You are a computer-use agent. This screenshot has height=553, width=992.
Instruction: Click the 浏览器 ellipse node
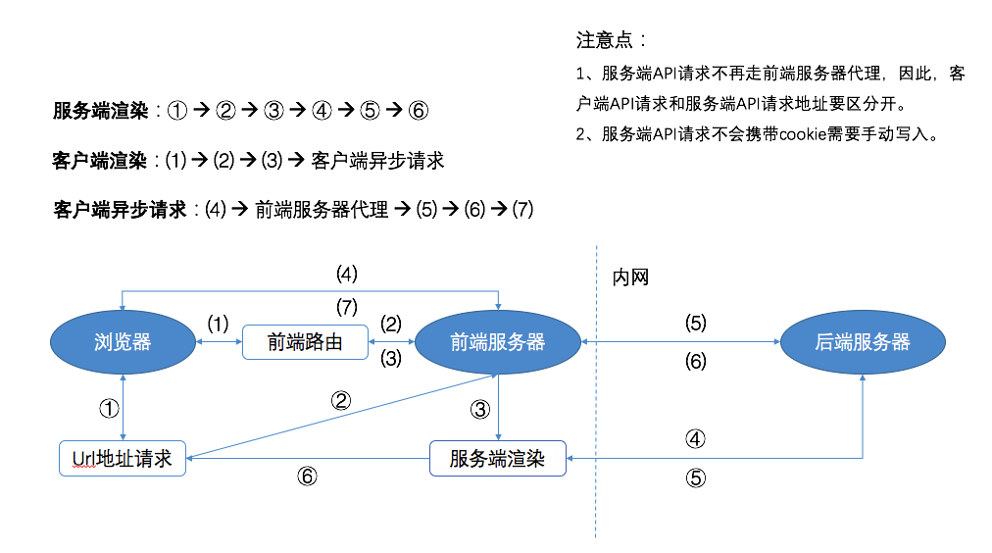click(x=123, y=342)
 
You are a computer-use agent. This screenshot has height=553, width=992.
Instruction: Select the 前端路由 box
click(x=305, y=342)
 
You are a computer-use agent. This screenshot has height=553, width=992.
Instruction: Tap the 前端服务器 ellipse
click(x=498, y=342)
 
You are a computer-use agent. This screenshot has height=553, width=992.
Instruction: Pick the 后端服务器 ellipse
click(x=863, y=342)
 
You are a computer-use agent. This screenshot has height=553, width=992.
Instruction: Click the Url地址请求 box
click(x=123, y=458)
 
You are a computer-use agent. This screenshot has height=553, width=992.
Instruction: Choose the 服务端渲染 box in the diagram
click(x=498, y=458)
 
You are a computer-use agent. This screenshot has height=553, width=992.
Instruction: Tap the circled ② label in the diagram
click(x=341, y=400)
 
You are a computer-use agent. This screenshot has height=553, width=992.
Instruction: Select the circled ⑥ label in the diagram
click(x=307, y=477)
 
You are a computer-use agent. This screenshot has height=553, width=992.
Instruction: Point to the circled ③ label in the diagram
click(x=480, y=409)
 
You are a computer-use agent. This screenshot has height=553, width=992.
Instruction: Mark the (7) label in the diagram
click(x=346, y=306)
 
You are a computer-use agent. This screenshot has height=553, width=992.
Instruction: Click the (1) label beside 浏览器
click(x=218, y=323)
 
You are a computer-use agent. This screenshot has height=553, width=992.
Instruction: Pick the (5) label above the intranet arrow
click(x=695, y=323)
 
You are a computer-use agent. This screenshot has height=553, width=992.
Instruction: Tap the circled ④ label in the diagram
click(x=695, y=439)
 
